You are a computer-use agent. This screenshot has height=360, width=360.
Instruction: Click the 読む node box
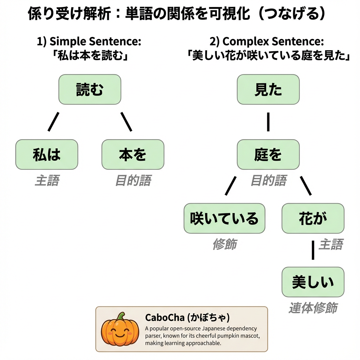pos(90,89)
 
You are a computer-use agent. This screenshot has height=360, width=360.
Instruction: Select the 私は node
pos(47,154)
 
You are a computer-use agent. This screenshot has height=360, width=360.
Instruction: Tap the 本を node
pos(133,154)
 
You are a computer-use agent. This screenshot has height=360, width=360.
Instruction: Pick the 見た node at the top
pos(268,89)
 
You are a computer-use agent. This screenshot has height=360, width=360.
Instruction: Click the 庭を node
pos(268,154)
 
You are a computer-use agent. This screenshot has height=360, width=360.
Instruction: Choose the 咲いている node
pos(224,218)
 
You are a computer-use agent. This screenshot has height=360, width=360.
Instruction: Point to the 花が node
pos(313,218)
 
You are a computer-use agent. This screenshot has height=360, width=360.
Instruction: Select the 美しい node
pos(313,282)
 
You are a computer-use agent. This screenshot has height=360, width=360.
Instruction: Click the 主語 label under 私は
pos(47,181)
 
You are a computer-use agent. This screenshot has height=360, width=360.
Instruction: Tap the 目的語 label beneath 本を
pos(133,181)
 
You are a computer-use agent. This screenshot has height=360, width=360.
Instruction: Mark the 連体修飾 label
pos(313,308)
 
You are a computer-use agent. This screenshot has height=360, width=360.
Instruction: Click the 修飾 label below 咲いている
pos(225,244)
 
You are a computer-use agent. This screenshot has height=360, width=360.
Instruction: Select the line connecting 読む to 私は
pos(53,122)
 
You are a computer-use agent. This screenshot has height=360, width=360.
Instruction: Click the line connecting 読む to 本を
pos(126,122)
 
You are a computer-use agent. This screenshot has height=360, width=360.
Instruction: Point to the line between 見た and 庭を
pos(268,122)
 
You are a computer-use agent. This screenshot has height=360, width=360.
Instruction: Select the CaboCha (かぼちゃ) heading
pos(187,318)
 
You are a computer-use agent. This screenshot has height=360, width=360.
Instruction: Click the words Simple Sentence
pos(95,41)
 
